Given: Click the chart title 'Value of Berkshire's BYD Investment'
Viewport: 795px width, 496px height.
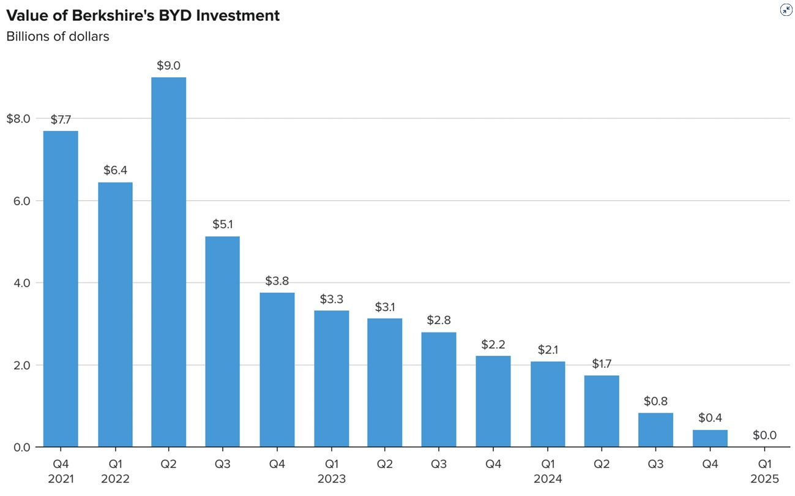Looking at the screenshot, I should (143, 15).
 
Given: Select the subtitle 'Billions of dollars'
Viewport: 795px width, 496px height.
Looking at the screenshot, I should (58, 36).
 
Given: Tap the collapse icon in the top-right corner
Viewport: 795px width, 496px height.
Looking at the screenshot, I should (786, 10).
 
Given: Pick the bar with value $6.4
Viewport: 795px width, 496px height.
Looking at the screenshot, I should (115, 315).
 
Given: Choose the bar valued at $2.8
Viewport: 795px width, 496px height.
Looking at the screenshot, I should (439, 389).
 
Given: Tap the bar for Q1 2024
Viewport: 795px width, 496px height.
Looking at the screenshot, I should (548, 404).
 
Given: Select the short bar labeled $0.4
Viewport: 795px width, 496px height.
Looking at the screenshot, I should (710, 438).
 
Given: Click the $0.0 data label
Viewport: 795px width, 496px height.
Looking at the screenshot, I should (764, 435).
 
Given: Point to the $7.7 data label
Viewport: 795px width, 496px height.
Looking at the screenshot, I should (61, 120).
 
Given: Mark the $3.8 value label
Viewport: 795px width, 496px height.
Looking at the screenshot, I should (277, 281).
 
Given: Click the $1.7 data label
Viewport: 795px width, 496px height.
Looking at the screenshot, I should (602, 364).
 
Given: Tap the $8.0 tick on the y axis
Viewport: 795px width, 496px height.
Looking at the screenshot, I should (18, 119).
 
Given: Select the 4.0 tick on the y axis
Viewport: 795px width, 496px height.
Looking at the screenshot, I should (21, 283).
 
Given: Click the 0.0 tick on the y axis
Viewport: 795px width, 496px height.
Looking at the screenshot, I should (21, 448).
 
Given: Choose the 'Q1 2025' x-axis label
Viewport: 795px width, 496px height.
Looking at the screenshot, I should (764, 472).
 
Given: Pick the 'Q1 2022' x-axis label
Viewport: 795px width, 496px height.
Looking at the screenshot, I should (115, 472).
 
